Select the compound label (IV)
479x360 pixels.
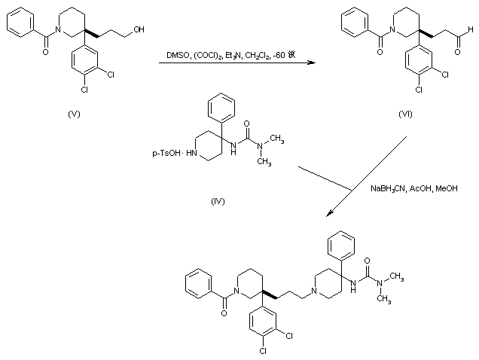(219, 203)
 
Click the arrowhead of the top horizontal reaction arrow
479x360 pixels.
(312, 64)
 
